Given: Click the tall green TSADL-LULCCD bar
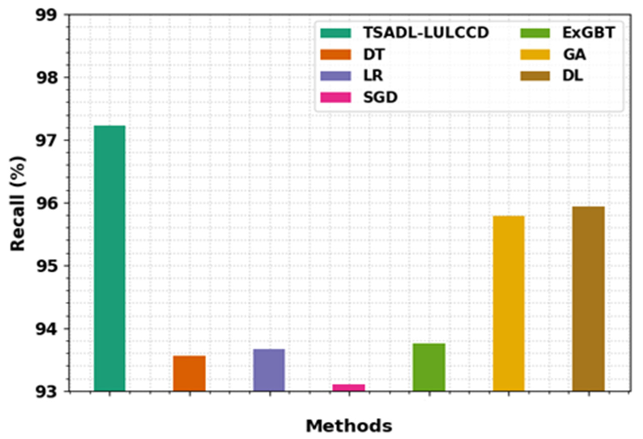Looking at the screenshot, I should click(110, 258).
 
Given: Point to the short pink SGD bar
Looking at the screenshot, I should click(349, 388).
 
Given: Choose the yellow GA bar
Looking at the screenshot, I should click(509, 304).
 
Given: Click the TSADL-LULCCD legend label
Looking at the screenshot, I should click(426, 33).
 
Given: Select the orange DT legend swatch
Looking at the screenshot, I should click(336, 54).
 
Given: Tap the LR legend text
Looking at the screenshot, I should click(373, 76).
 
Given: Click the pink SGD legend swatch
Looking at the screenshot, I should click(336, 97).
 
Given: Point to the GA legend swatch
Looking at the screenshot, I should click(535, 54).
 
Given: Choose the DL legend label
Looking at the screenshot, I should click(573, 76).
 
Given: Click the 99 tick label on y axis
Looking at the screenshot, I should click(46, 15).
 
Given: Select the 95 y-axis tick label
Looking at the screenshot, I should click(46, 266).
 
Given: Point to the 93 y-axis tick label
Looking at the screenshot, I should click(46, 392).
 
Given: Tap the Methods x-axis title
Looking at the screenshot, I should click(349, 426).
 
